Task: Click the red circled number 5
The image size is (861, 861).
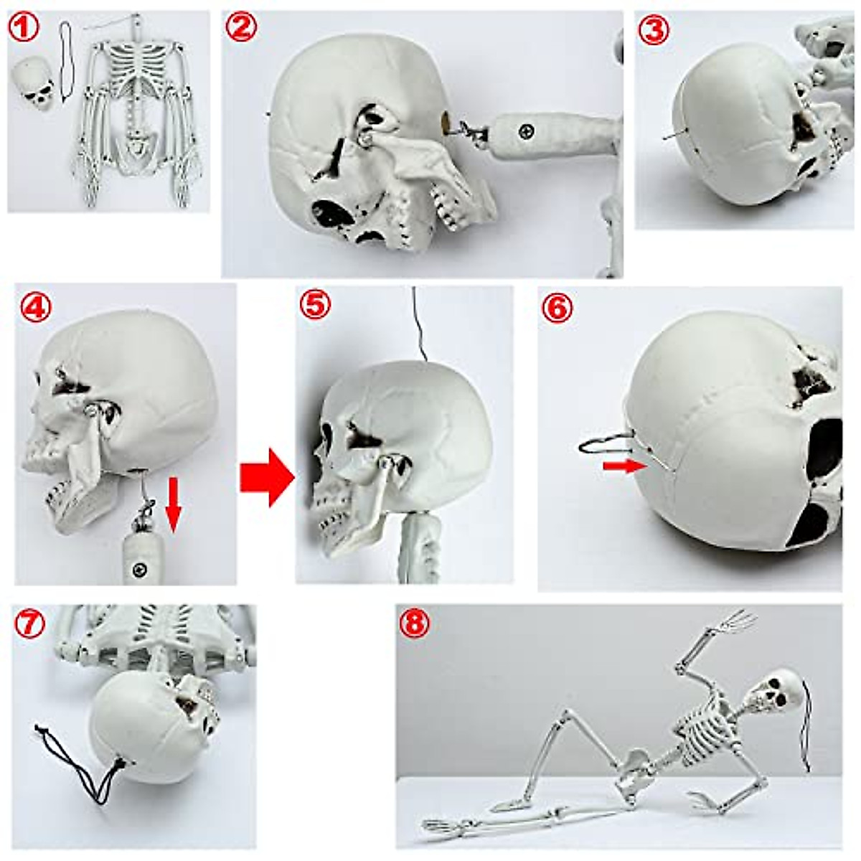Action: click(x=316, y=306)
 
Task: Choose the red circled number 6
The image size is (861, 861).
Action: click(x=559, y=309)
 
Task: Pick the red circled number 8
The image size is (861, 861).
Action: click(x=415, y=625)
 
